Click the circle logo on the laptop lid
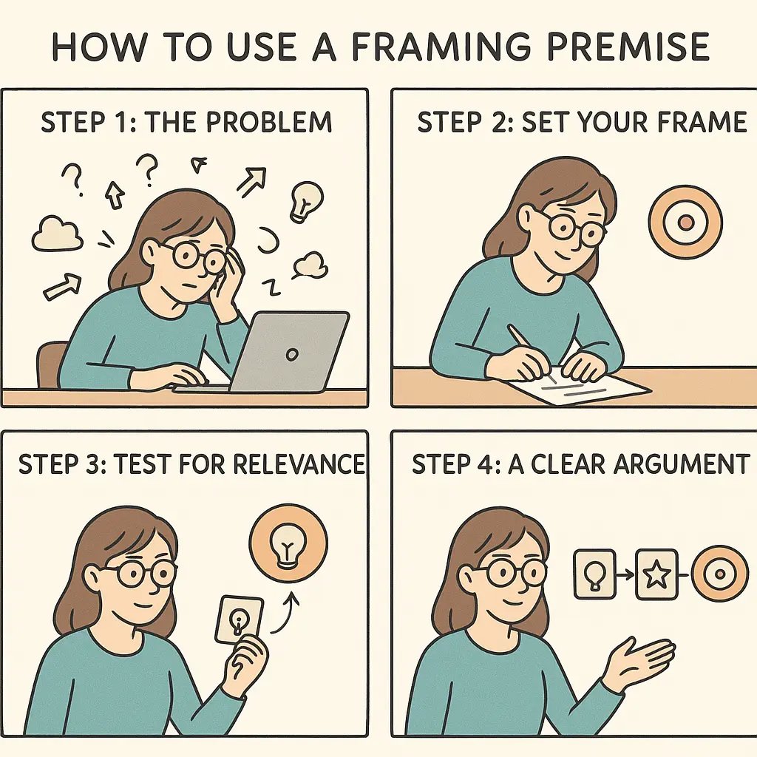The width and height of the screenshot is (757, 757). point(292,354)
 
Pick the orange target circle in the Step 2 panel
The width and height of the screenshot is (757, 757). point(685,222)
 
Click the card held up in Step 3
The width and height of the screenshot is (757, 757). point(239,619)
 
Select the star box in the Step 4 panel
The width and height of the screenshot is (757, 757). point(656,573)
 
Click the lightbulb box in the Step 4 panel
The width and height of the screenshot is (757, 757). point(594,573)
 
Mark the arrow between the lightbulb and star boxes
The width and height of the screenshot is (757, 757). point(625,573)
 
